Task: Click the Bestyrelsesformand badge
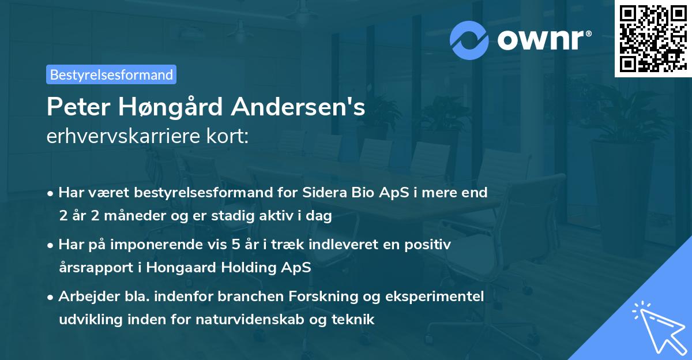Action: [x=111, y=74]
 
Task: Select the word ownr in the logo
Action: [x=542, y=40]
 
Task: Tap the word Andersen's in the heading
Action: [x=301, y=107]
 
